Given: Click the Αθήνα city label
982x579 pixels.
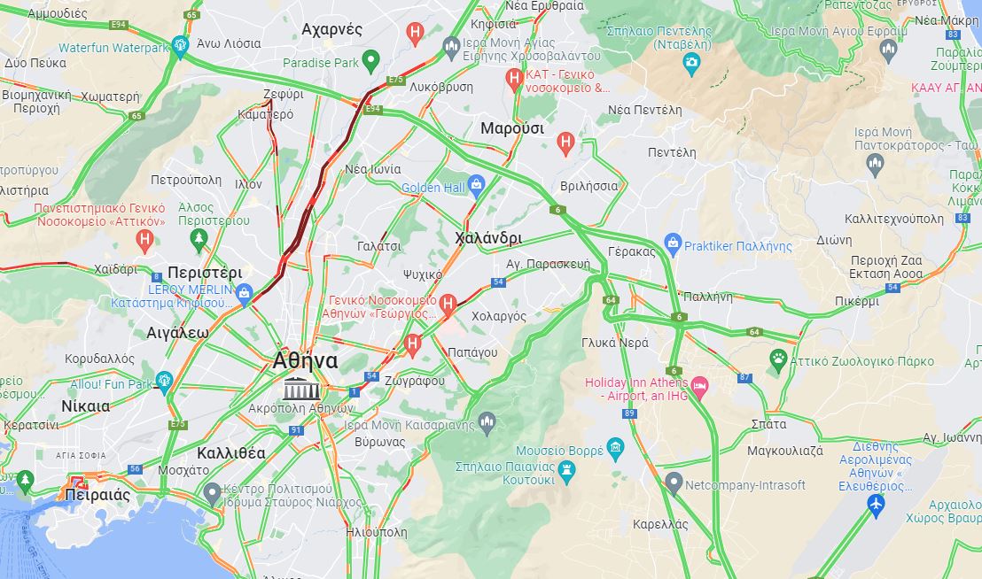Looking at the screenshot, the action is click(305, 360).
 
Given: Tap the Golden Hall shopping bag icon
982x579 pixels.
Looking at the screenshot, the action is click(476, 187).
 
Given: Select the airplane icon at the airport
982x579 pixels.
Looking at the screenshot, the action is click(876, 504).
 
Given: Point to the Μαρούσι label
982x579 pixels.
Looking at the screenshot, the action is click(511, 128).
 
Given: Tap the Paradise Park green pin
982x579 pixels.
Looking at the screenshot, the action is click(371, 61).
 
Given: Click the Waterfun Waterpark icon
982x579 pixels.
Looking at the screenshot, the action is click(181, 44).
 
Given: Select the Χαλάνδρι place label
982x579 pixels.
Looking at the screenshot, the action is click(487, 238).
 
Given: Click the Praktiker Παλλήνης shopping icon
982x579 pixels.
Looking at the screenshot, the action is click(673, 243).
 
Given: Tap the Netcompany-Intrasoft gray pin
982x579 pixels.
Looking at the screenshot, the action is click(674, 483).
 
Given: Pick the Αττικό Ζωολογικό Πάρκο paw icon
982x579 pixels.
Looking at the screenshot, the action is click(778, 359).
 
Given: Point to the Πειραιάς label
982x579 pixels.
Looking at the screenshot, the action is click(97, 495).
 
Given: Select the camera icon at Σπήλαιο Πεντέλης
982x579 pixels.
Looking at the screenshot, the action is click(691, 62).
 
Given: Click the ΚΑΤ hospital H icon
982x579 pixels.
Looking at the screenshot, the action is click(513, 79).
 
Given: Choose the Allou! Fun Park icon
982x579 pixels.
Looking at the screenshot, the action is click(163, 382).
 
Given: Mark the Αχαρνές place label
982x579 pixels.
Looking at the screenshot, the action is click(331, 29).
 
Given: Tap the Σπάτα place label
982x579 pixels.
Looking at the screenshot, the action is click(768, 424).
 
